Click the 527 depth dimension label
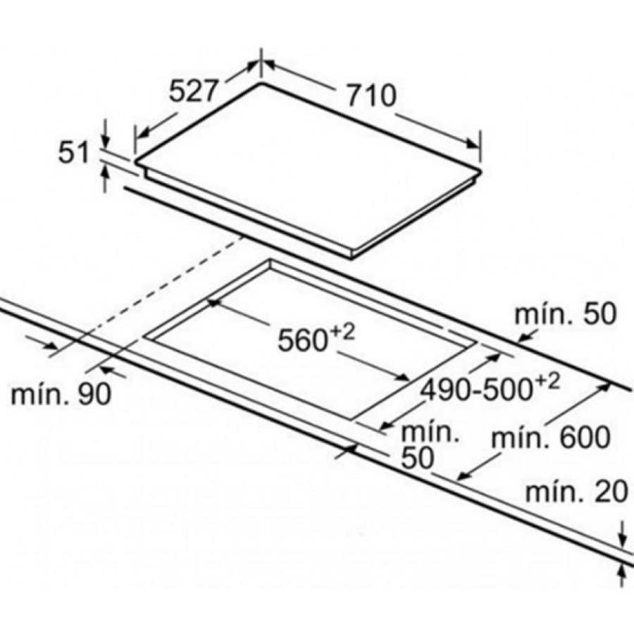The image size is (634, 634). pyautogui.click(x=194, y=91)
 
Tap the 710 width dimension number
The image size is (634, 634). pyautogui.click(x=371, y=95)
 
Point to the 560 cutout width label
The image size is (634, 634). pyautogui.click(x=302, y=340)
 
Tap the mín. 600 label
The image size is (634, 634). pyautogui.click(x=551, y=437)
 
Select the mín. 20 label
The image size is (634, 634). pyautogui.click(x=576, y=491)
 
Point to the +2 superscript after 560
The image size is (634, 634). pyautogui.click(x=342, y=332)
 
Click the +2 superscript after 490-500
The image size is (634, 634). pyautogui.click(x=547, y=382)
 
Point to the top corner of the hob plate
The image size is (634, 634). pyautogui.click(x=261, y=83)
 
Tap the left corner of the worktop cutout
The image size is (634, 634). pyautogui.click(x=144, y=336)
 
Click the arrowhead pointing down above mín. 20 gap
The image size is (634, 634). pyautogui.click(x=622, y=542)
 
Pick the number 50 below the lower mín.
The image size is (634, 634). pyautogui.click(x=416, y=458)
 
